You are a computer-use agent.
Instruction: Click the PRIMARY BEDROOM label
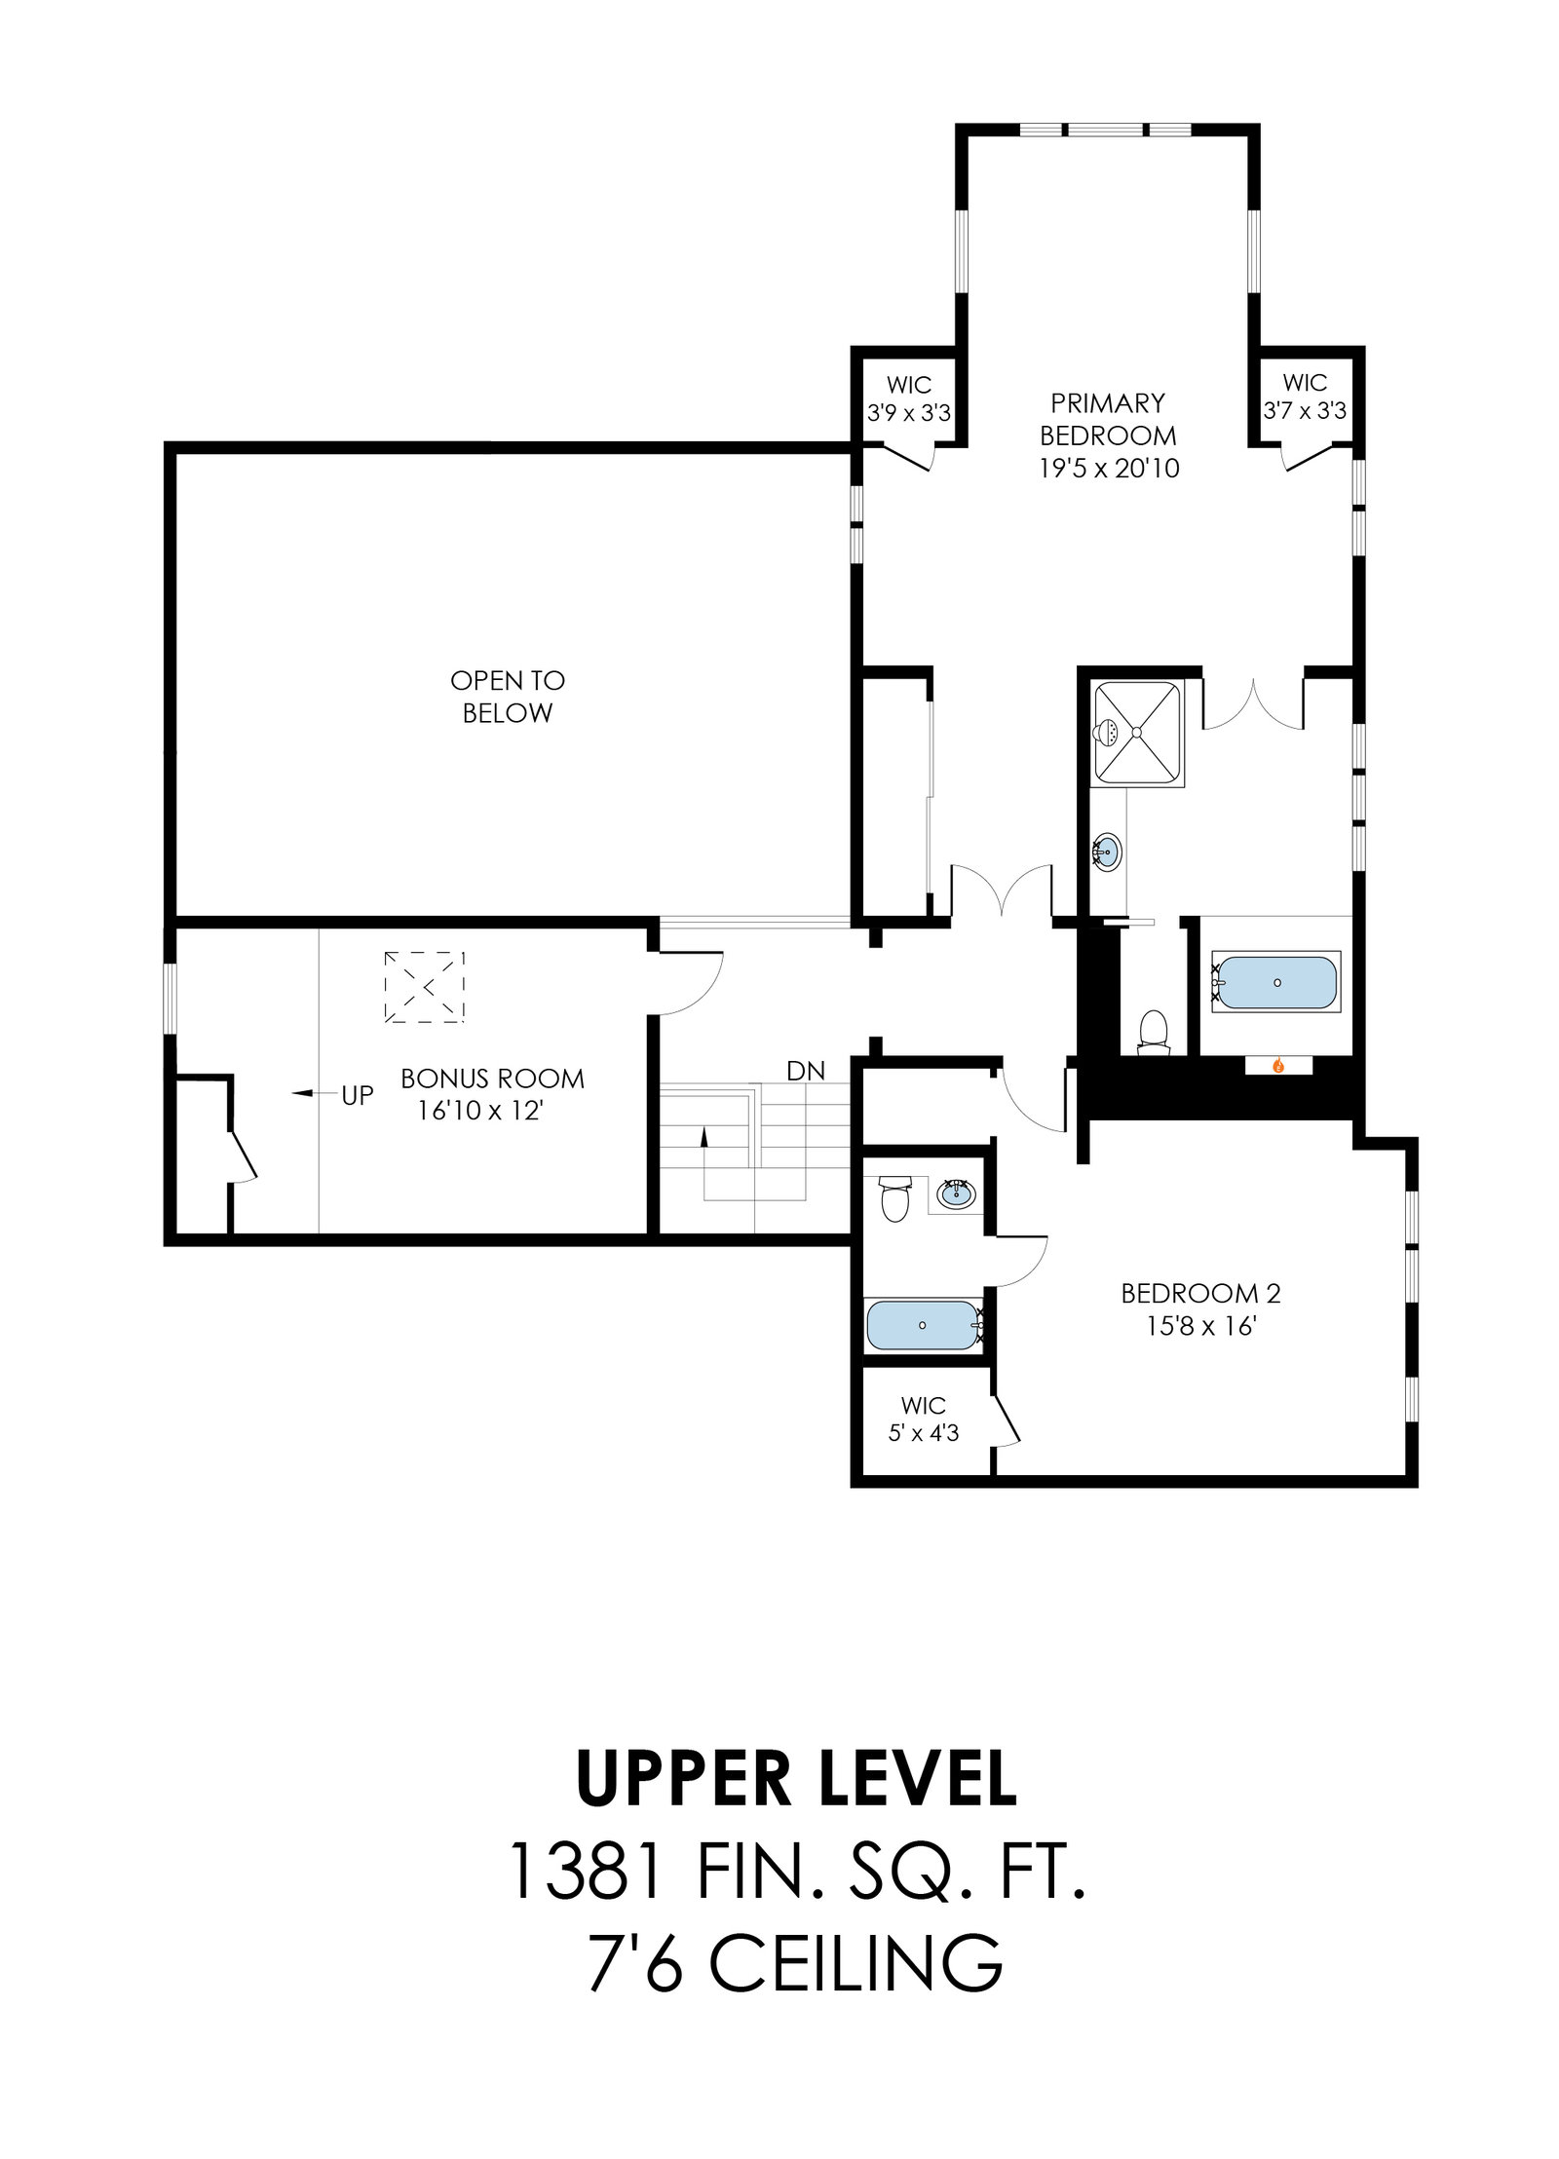tap(1108, 436)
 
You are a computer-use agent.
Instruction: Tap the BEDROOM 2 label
tap(1200, 1309)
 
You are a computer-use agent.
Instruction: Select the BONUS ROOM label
tap(493, 1094)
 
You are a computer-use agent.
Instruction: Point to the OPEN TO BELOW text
tap(508, 697)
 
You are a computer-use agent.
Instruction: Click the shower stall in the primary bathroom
tap(1138, 733)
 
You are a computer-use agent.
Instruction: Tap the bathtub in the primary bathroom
tap(1276, 982)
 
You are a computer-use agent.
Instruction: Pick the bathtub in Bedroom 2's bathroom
tap(923, 1325)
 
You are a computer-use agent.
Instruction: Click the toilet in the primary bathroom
tap(1154, 1032)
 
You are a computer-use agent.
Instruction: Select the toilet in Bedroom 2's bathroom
tap(894, 1197)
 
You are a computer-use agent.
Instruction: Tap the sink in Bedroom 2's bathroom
tap(955, 1193)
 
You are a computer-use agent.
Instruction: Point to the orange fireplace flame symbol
tap(1278, 1066)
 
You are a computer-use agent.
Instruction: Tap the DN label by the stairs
tap(806, 1072)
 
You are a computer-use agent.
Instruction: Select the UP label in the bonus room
tap(357, 1095)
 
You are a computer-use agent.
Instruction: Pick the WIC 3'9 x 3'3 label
tap(909, 398)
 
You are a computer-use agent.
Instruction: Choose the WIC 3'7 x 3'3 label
tap(1305, 397)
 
